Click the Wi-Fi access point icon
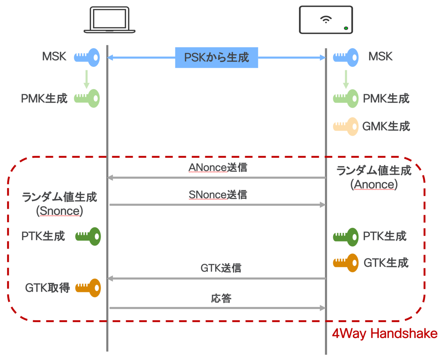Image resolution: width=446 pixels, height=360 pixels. pos(326,20)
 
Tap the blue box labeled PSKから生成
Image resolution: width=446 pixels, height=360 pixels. pos(216,58)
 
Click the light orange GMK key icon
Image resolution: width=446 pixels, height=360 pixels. pos(346,127)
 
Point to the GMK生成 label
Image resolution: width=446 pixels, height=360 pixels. pos(386,127)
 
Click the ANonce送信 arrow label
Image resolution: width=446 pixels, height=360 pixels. pos(217,168)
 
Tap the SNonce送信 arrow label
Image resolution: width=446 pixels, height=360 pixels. pos(217,194)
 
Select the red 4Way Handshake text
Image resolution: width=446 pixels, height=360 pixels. pos(384,334)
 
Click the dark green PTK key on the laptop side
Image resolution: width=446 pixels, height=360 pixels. pos(88,236)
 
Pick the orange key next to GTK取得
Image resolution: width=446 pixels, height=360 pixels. pos(88,288)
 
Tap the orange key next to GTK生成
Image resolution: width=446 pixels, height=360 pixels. pos(346,263)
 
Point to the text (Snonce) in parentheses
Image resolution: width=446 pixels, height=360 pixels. pos(59,211)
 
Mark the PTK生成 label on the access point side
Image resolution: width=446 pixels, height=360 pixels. pos(384,236)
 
